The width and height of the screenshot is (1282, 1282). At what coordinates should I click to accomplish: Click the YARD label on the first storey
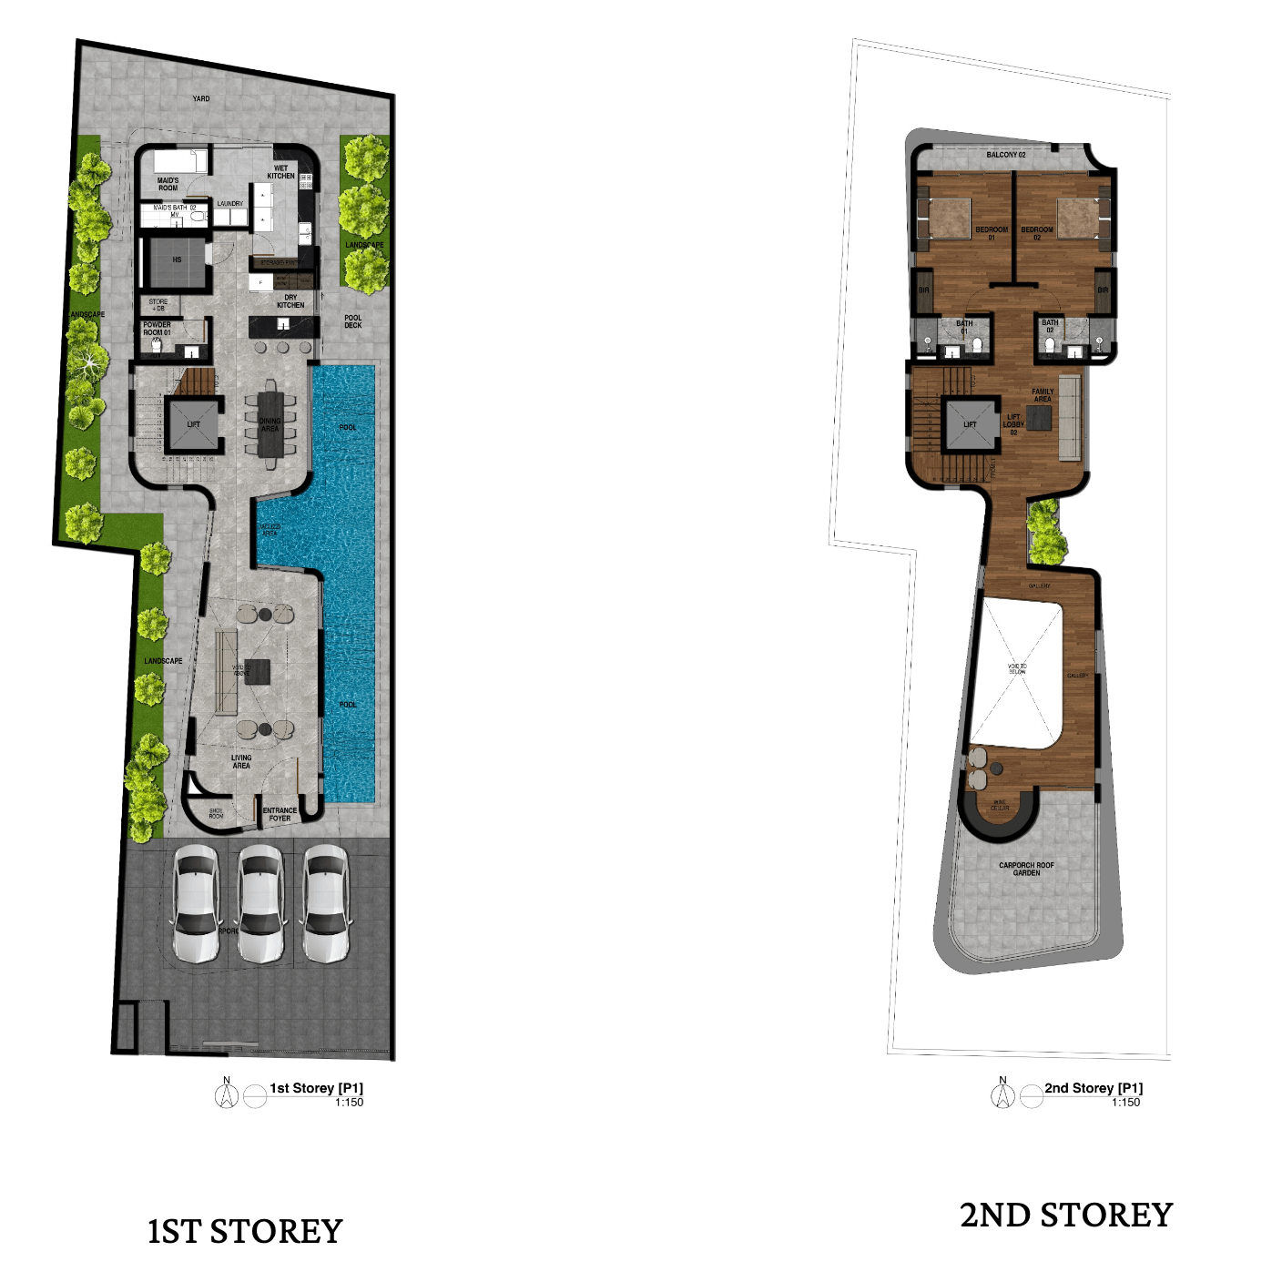coord(201,98)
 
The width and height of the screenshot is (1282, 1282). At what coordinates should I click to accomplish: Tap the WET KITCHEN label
coord(280,172)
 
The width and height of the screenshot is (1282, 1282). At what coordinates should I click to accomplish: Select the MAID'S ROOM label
coord(168,185)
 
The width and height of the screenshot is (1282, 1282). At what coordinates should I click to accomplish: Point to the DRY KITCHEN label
coord(290,301)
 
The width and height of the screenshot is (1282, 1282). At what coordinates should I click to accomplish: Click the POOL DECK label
coord(353,321)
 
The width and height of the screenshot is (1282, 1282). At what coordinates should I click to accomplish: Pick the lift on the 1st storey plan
coord(193,424)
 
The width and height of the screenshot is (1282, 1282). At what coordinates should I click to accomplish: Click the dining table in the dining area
coord(270,424)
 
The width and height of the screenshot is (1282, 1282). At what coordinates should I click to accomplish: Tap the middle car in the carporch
coord(261,903)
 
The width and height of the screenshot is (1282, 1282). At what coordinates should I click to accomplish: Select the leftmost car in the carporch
coord(197,903)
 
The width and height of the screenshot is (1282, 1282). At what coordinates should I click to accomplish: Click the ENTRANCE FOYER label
coord(280,814)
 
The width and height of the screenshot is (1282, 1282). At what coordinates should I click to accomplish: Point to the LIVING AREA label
coord(241,761)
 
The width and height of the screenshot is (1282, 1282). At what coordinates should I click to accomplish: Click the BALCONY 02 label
coord(1005,155)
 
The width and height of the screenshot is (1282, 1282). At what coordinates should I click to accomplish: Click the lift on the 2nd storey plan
coord(970,424)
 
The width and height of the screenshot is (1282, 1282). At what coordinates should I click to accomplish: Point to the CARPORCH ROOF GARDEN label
coord(1026,869)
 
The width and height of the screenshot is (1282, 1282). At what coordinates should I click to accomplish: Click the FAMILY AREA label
coord(1043,395)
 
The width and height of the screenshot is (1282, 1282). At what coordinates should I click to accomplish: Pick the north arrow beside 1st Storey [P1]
coord(226,1094)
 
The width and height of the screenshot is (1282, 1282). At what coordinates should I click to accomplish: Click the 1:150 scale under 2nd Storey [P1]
coord(1125,1103)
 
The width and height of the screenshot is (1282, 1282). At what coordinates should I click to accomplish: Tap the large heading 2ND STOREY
coord(1066,1216)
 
